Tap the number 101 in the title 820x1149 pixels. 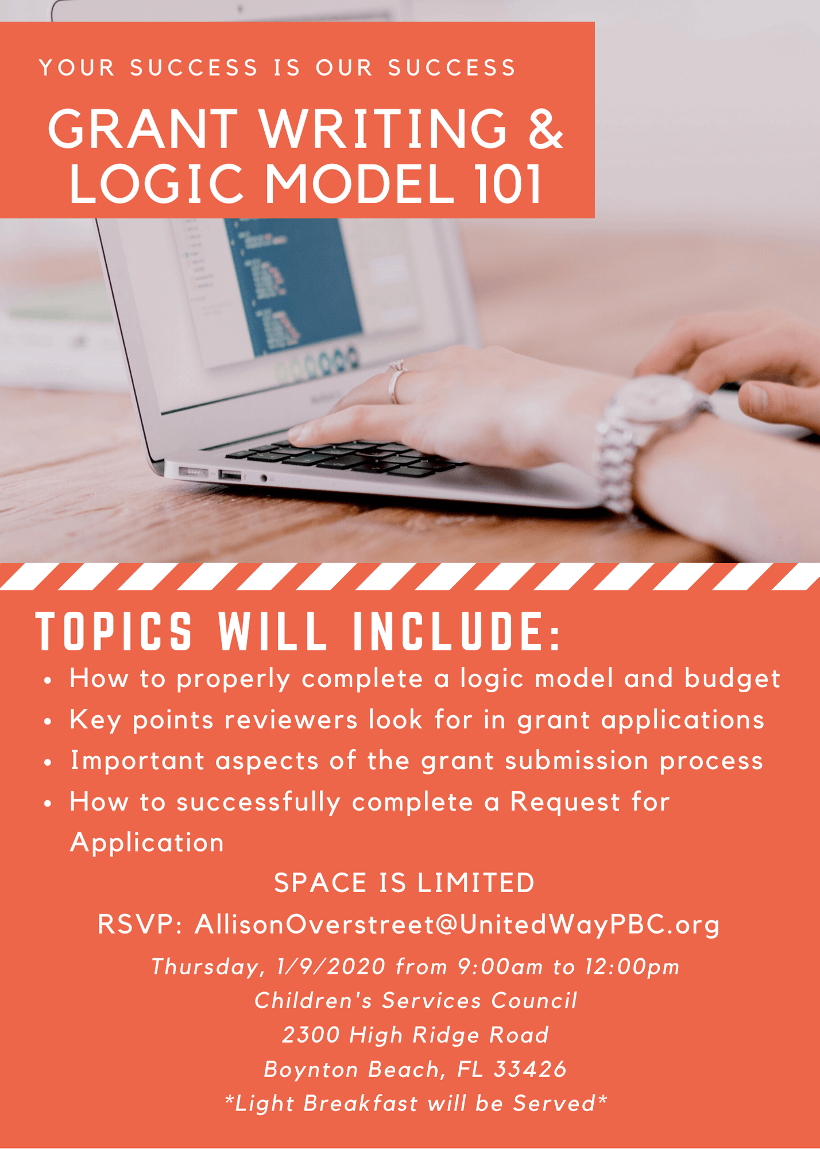(x=508, y=184)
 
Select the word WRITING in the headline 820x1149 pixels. (x=383, y=128)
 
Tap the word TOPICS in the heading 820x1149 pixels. (x=114, y=631)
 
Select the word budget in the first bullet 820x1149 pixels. (x=732, y=679)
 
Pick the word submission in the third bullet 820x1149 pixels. (x=577, y=761)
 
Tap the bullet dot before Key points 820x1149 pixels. (x=48, y=722)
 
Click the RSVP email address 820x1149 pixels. (x=457, y=924)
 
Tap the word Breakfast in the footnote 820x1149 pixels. (x=361, y=1103)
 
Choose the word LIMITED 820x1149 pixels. (x=476, y=883)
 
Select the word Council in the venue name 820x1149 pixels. (x=534, y=1001)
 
